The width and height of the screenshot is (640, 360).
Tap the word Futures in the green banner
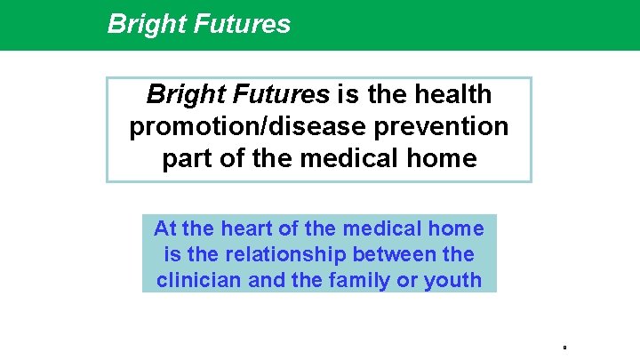(242, 24)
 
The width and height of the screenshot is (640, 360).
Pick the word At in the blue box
(164, 229)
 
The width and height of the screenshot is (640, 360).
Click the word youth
(454, 279)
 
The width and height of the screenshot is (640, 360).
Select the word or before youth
(413, 279)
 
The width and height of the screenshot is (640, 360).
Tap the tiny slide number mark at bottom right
(565, 345)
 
